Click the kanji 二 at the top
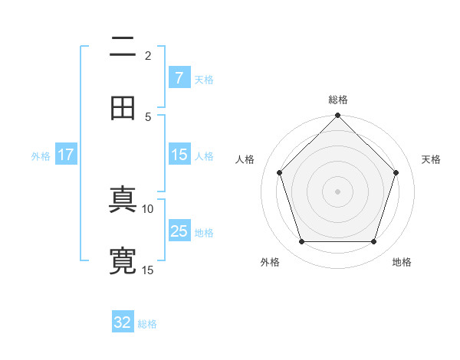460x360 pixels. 123,47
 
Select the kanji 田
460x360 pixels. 123,108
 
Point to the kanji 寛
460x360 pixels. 123,260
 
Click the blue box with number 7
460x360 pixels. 179,77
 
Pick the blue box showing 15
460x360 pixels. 179,155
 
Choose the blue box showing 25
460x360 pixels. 179,231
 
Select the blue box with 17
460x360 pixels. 65,155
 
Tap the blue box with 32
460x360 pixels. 123,322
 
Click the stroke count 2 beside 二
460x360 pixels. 148,55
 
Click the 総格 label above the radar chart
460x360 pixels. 338,100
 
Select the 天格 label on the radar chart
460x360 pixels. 431,159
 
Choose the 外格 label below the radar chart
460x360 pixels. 270,262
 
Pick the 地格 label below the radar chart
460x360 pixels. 402,262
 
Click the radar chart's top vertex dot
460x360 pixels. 338,116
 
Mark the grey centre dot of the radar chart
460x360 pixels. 338,191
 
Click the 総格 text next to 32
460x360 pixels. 147,324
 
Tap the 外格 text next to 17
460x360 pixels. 41,156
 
